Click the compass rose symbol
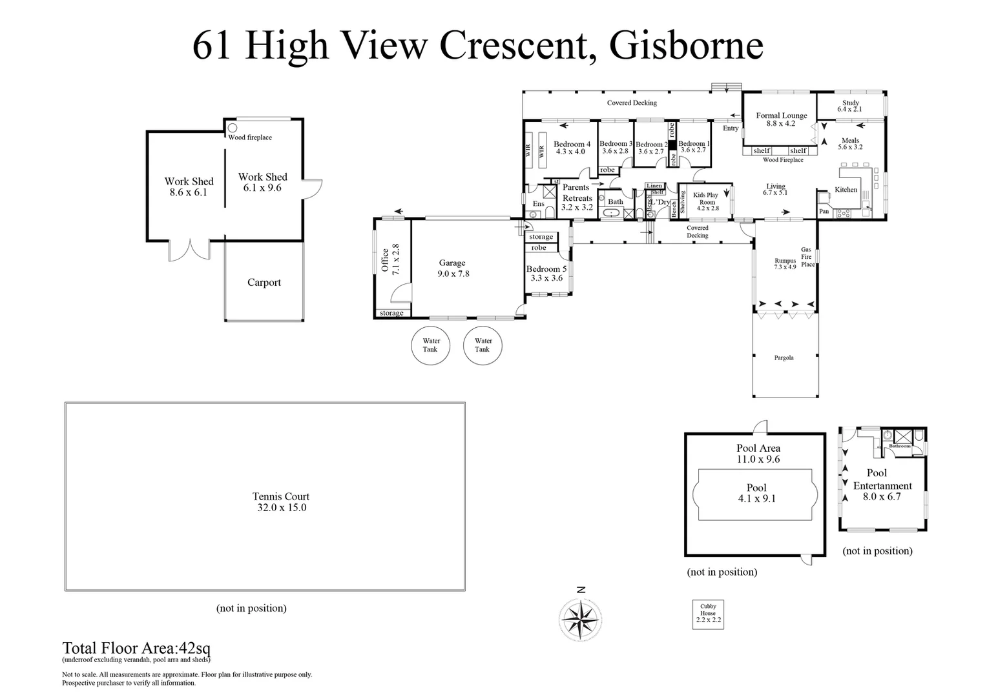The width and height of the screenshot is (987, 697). [x=581, y=619]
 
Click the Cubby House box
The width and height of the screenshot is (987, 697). [x=708, y=614]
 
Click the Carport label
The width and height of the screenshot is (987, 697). [x=264, y=283]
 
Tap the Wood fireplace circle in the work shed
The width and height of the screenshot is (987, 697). [x=232, y=128]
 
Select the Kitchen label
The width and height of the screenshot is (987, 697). [x=846, y=190]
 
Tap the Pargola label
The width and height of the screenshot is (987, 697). [x=784, y=358]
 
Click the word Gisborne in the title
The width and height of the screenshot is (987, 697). [x=686, y=45]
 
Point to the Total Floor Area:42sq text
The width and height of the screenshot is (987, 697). [x=136, y=648]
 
